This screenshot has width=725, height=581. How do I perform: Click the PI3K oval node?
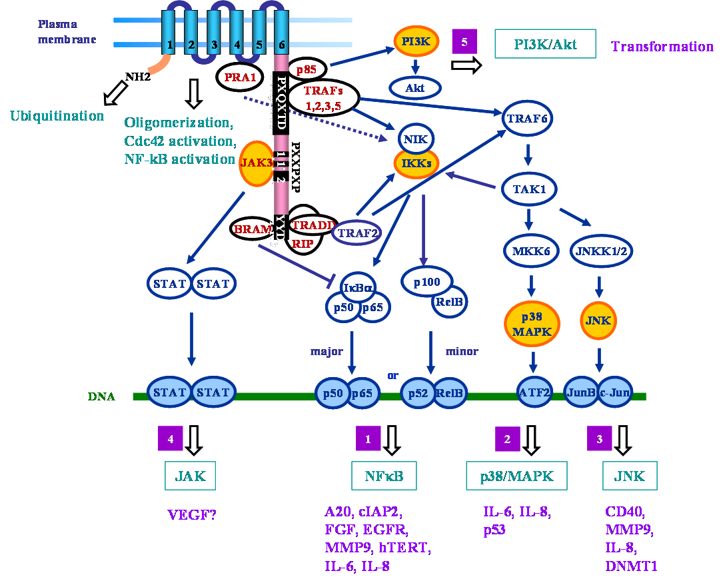click(416, 42)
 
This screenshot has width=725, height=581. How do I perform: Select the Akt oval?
click(414, 87)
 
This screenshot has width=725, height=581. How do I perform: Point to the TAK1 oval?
click(529, 189)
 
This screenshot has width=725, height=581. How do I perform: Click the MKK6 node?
click(531, 251)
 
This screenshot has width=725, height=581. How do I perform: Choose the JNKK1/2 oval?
click(601, 251)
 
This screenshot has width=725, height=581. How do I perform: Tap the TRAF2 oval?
click(357, 233)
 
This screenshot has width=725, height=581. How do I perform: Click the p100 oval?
click(427, 282)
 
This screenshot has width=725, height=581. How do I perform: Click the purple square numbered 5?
click(464, 42)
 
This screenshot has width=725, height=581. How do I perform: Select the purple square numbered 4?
click(171, 438)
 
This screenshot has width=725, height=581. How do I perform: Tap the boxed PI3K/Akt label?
click(545, 44)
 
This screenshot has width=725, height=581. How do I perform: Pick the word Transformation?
click(662, 47)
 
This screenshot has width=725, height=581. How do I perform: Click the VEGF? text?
click(192, 514)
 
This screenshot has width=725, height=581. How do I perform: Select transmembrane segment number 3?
click(214, 37)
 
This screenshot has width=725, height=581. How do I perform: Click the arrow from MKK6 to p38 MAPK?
click(531, 285)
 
